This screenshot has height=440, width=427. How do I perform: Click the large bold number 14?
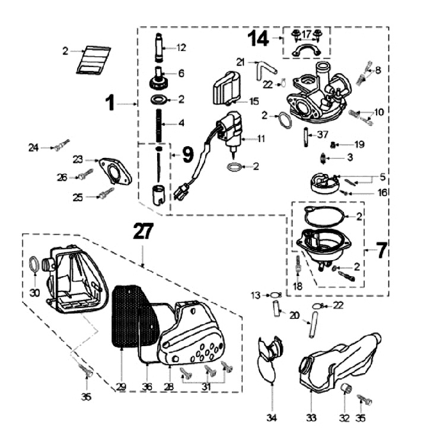pyautogui.click(x=259, y=38)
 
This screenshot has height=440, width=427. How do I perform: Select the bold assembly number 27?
pyautogui.click(x=143, y=231)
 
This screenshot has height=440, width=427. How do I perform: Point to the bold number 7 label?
pyautogui.click(x=381, y=250)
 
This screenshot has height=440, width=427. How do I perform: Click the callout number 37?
pyautogui.click(x=323, y=134)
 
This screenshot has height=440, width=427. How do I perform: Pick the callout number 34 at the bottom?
pyautogui.click(x=272, y=418)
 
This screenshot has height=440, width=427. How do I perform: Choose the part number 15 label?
pyautogui.click(x=254, y=102)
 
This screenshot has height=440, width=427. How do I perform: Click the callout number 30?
pyautogui.click(x=34, y=293)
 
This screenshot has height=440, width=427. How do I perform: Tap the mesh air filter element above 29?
pyautogui.click(x=135, y=316)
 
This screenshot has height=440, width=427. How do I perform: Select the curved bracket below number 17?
pyautogui.click(x=307, y=51)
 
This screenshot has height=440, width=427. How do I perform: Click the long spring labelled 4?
pyautogui.click(x=159, y=125)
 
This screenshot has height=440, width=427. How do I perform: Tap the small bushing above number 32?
pyautogui.click(x=346, y=389)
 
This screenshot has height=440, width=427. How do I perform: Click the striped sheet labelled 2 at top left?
pyautogui.click(x=93, y=60)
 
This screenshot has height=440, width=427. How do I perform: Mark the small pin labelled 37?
pyautogui.click(x=305, y=137)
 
